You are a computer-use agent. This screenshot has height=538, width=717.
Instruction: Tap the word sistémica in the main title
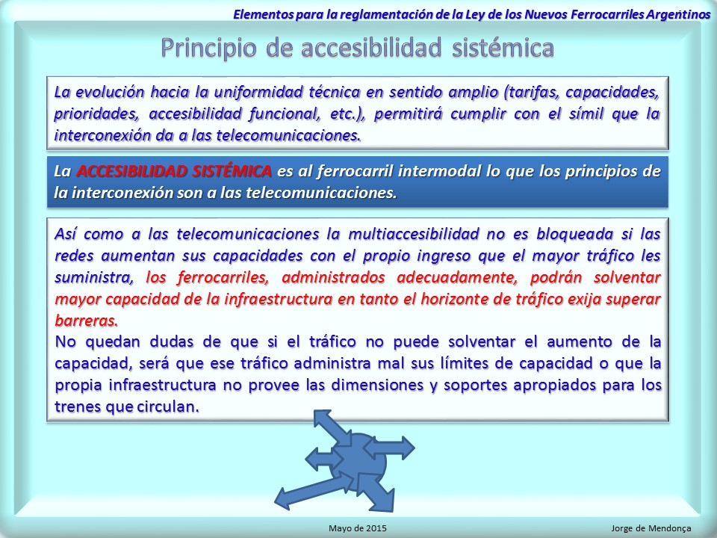(503, 48)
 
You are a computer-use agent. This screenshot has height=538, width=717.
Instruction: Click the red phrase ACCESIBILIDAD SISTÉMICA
(174, 171)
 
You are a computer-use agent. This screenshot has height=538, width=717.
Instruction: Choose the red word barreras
(87, 321)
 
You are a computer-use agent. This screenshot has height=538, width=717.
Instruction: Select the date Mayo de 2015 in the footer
(358, 528)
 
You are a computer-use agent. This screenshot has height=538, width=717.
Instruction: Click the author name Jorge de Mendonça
(651, 528)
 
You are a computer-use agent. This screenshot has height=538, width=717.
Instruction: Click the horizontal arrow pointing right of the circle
(389, 448)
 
